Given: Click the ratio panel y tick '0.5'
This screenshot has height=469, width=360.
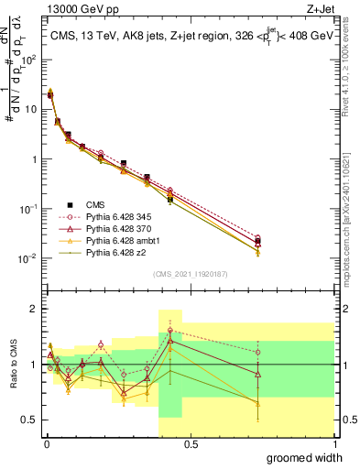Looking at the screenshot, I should tap(29, 420).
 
